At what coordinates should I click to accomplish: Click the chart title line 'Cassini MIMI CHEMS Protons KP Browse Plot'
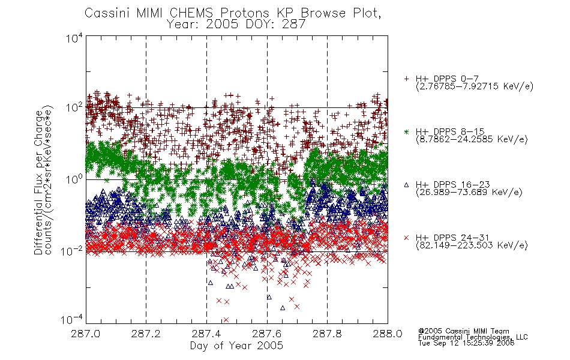click(233, 13)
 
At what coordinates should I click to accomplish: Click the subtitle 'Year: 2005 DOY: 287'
click(236, 25)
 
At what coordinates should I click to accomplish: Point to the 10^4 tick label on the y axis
click(74, 38)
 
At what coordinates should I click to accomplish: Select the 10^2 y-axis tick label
click(74, 107)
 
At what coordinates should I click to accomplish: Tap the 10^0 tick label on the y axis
click(74, 179)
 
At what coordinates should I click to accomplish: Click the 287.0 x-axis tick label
click(86, 334)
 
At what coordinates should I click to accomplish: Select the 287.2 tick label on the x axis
click(146, 334)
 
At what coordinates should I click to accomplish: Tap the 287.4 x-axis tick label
click(206, 334)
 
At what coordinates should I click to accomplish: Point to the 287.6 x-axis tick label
click(267, 334)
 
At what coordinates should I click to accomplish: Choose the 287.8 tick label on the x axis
click(327, 334)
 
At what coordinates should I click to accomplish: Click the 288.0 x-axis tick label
click(388, 334)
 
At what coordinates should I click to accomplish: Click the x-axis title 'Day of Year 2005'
click(236, 346)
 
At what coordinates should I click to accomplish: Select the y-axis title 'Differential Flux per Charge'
click(38, 182)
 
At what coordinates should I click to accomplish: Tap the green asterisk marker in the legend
click(406, 132)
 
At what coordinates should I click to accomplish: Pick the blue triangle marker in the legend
click(406, 185)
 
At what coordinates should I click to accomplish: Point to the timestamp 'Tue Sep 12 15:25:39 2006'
click(466, 343)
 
